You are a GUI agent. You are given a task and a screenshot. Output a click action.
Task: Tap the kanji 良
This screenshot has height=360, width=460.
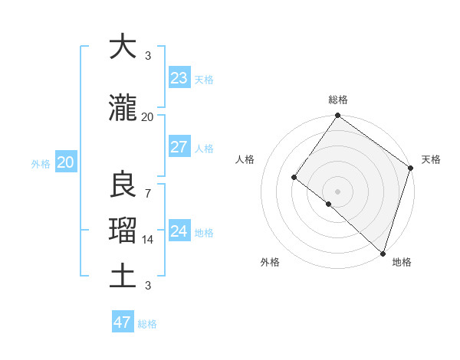[123, 185]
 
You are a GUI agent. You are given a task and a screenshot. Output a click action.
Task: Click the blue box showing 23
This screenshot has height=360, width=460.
[179, 78]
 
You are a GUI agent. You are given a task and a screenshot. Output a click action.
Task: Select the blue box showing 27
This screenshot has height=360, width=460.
[179, 147]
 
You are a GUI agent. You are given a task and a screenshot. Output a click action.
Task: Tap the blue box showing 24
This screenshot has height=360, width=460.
[179, 231]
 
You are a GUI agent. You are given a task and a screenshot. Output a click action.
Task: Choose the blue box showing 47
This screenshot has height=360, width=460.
[123, 322]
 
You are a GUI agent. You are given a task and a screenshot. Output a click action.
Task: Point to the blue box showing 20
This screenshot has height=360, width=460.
[65, 162]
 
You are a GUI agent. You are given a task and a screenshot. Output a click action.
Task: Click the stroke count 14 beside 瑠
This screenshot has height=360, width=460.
[148, 240]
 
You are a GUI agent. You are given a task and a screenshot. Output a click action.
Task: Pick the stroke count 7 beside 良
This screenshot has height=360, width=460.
[147, 193]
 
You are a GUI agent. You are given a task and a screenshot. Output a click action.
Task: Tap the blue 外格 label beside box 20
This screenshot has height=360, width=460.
[41, 163]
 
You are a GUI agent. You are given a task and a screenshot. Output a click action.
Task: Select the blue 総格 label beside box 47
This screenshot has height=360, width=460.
[148, 324]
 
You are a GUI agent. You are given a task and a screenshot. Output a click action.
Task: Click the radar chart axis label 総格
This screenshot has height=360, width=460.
[338, 100]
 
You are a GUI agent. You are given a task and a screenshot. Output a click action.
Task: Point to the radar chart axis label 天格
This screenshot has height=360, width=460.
[431, 159]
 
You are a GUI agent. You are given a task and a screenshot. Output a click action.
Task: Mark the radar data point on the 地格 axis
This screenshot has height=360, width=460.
[383, 253]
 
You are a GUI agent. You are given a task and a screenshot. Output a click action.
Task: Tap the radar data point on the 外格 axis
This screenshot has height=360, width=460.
[329, 204]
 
